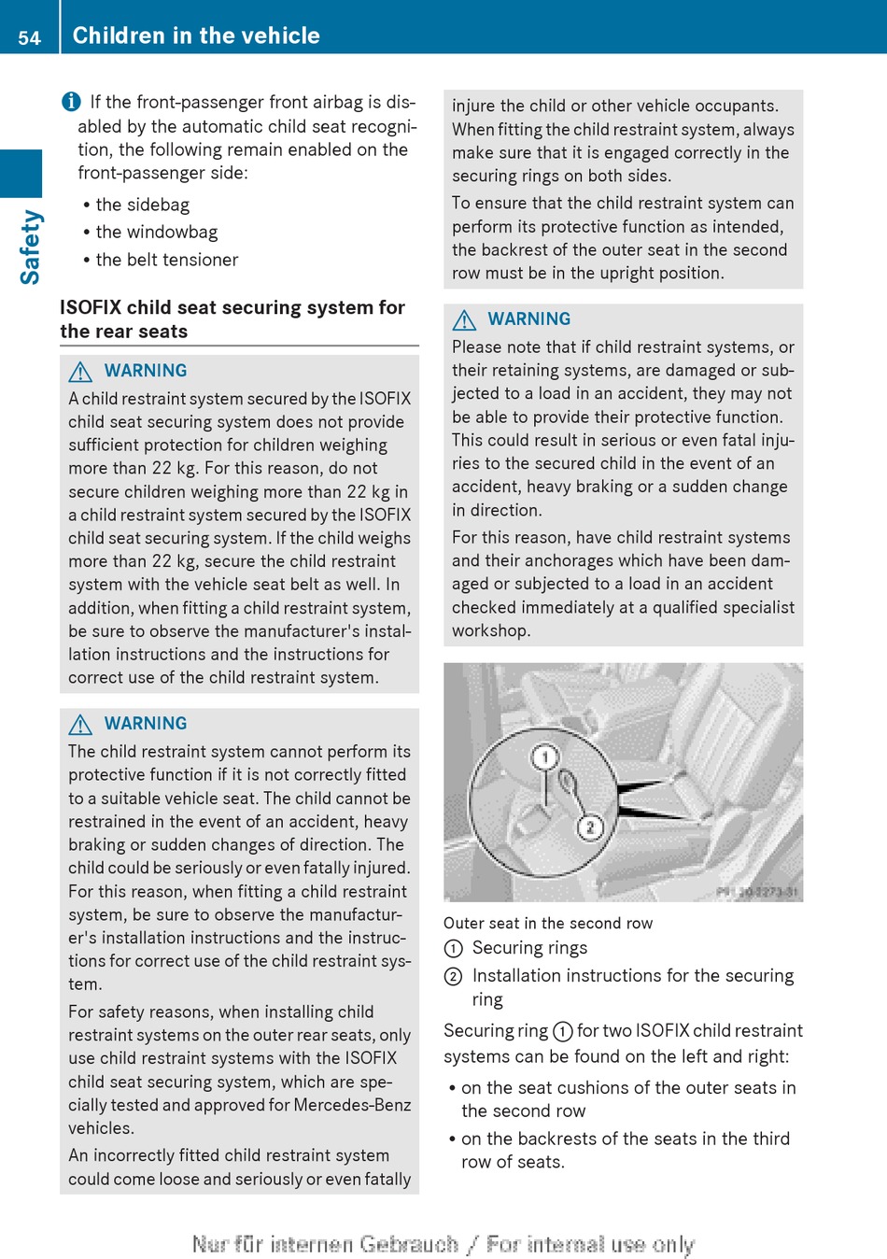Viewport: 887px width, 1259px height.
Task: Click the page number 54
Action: (x=30, y=37)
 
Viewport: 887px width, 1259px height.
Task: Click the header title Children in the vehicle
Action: (x=196, y=35)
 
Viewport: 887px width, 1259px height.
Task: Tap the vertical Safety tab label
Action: (x=30, y=247)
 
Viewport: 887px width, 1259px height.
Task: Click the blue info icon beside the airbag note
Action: (x=71, y=102)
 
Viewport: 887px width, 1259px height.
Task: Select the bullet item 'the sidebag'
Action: (x=142, y=205)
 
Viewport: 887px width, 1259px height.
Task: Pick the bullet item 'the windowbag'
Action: (x=156, y=232)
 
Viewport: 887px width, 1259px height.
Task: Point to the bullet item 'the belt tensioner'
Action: (x=166, y=260)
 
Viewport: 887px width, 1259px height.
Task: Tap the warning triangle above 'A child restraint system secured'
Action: (x=80, y=372)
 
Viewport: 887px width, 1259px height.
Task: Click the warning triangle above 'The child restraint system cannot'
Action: (x=80, y=725)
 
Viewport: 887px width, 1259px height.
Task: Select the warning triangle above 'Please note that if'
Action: (x=464, y=320)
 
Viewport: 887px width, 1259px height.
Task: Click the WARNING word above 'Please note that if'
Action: (x=528, y=319)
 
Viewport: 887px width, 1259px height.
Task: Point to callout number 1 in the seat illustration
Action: (x=545, y=757)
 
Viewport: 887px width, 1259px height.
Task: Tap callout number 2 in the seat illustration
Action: (x=590, y=828)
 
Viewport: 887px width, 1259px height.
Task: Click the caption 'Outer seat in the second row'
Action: (x=548, y=923)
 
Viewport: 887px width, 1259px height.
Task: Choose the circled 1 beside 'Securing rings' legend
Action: (x=453, y=949)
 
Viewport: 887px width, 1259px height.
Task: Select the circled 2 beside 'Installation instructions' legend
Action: (x=453, y=977)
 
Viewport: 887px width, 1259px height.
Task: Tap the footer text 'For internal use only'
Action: (x=590, y=1244)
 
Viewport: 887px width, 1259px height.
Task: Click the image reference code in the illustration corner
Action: (x=757, y=892)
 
